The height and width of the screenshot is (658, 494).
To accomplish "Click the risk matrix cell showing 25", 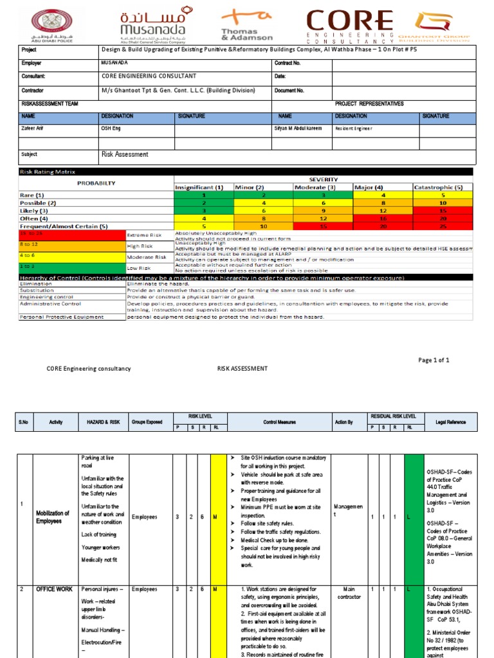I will tap(443, 226).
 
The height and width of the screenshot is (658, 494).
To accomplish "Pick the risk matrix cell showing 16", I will tap(383, 218).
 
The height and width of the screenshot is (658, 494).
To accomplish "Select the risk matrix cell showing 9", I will tap(323, 210).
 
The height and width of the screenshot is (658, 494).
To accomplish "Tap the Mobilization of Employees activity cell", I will tap(53, 517).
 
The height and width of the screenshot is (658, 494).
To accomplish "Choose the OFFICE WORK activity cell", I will tap(54, 589).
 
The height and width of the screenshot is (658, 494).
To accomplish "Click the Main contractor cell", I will tap(349, 592).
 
